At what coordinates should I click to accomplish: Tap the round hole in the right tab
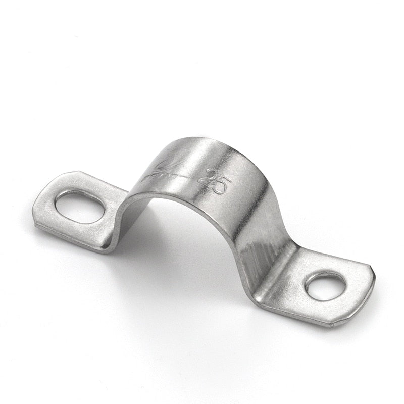(x=325, y=286)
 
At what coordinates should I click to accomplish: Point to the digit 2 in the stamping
(x=208, y=177)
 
